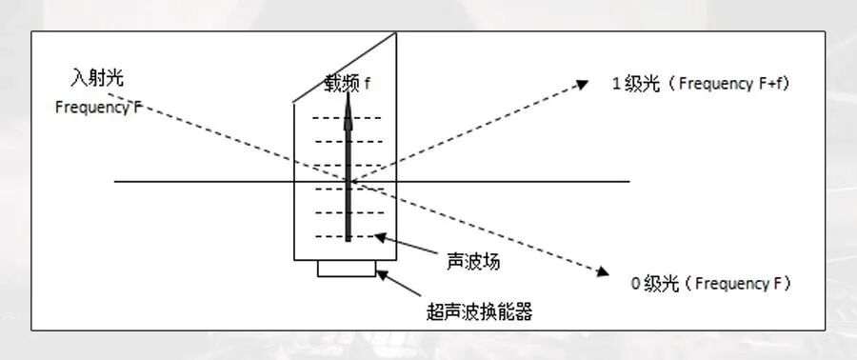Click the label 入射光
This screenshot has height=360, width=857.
pos(97,75)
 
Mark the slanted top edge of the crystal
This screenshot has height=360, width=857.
pos(344,66)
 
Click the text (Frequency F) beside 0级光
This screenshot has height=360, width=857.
pos(739,283)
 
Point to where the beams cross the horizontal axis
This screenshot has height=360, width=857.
pos(349,181)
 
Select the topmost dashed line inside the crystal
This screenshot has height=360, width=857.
pos(348,118)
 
